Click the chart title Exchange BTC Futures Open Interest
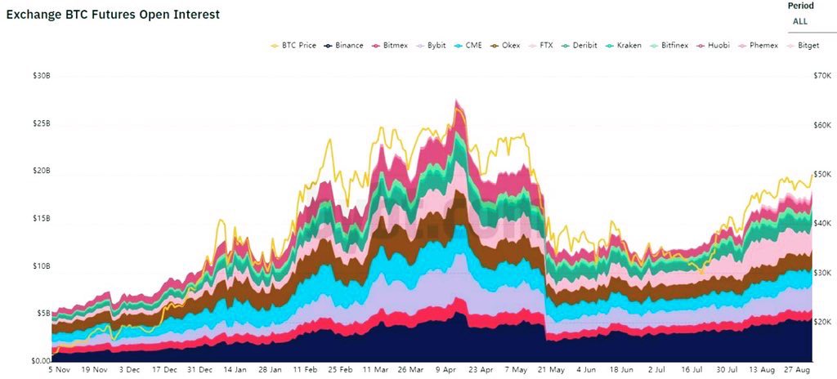(113, 15)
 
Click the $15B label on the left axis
(41, 219)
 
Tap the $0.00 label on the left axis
(41, 360)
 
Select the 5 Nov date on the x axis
(60, 369)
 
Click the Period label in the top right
(800, 6)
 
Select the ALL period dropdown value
(800, 21)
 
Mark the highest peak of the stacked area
(456, 101)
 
